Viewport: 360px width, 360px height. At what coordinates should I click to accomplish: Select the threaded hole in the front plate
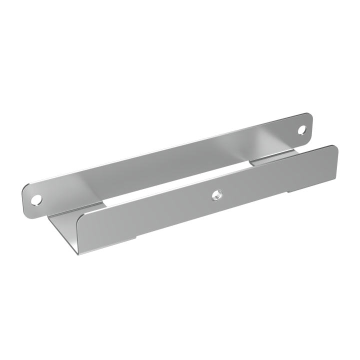coord(216,191)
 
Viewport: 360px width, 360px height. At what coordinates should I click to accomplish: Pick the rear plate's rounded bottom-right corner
coord(311,141)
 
